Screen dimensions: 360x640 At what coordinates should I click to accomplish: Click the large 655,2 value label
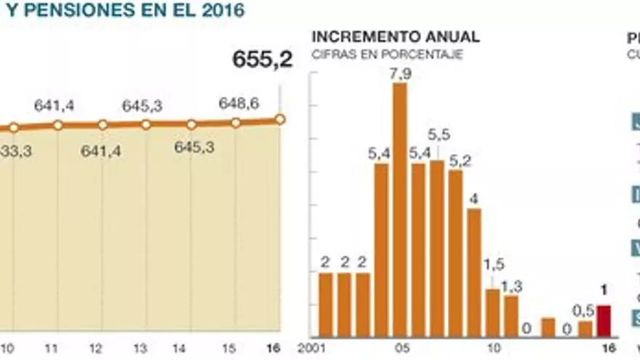point(262,60)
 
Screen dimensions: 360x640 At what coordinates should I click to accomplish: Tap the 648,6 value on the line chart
point(239,104)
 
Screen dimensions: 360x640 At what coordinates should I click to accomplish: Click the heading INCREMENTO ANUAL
point(396,37)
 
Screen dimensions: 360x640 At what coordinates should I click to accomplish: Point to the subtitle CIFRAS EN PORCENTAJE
point(387,54)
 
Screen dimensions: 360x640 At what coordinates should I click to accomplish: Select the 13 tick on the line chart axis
point(141,348)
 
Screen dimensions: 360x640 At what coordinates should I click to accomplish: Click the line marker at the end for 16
point(280,119)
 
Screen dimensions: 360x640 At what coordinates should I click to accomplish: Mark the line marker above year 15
point(236,123)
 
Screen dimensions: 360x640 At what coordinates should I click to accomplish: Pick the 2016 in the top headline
point(217,10)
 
